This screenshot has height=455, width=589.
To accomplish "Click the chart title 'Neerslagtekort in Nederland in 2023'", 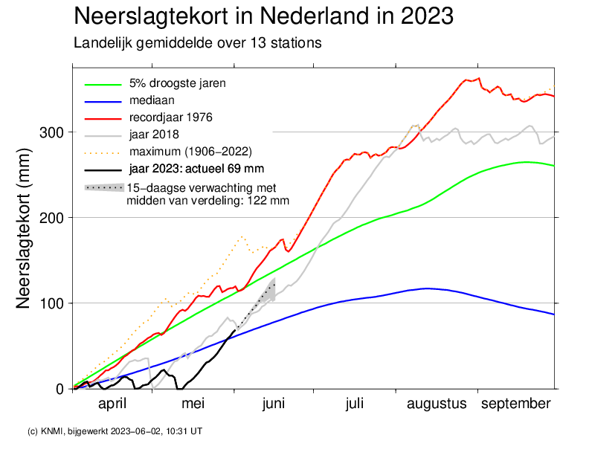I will tap(264, 16).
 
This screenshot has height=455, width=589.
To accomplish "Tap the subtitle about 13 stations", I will tap(197, 43).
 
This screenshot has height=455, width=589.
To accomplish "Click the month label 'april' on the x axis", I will tap(112, 404).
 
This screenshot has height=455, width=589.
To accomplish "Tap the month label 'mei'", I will tap(193, 404).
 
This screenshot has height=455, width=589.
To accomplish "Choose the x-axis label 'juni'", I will tap(273, 404).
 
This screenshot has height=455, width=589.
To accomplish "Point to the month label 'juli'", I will tap(354, 404).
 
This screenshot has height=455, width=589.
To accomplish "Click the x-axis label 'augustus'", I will tap(437, 404).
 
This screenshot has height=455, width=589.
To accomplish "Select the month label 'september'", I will tap(515, 404).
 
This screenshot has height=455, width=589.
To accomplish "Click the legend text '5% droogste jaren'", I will tap(178, 83).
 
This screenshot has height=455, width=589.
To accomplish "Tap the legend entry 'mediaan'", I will tap(152, 100).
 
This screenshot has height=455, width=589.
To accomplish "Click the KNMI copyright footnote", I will tap(115, 431).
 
